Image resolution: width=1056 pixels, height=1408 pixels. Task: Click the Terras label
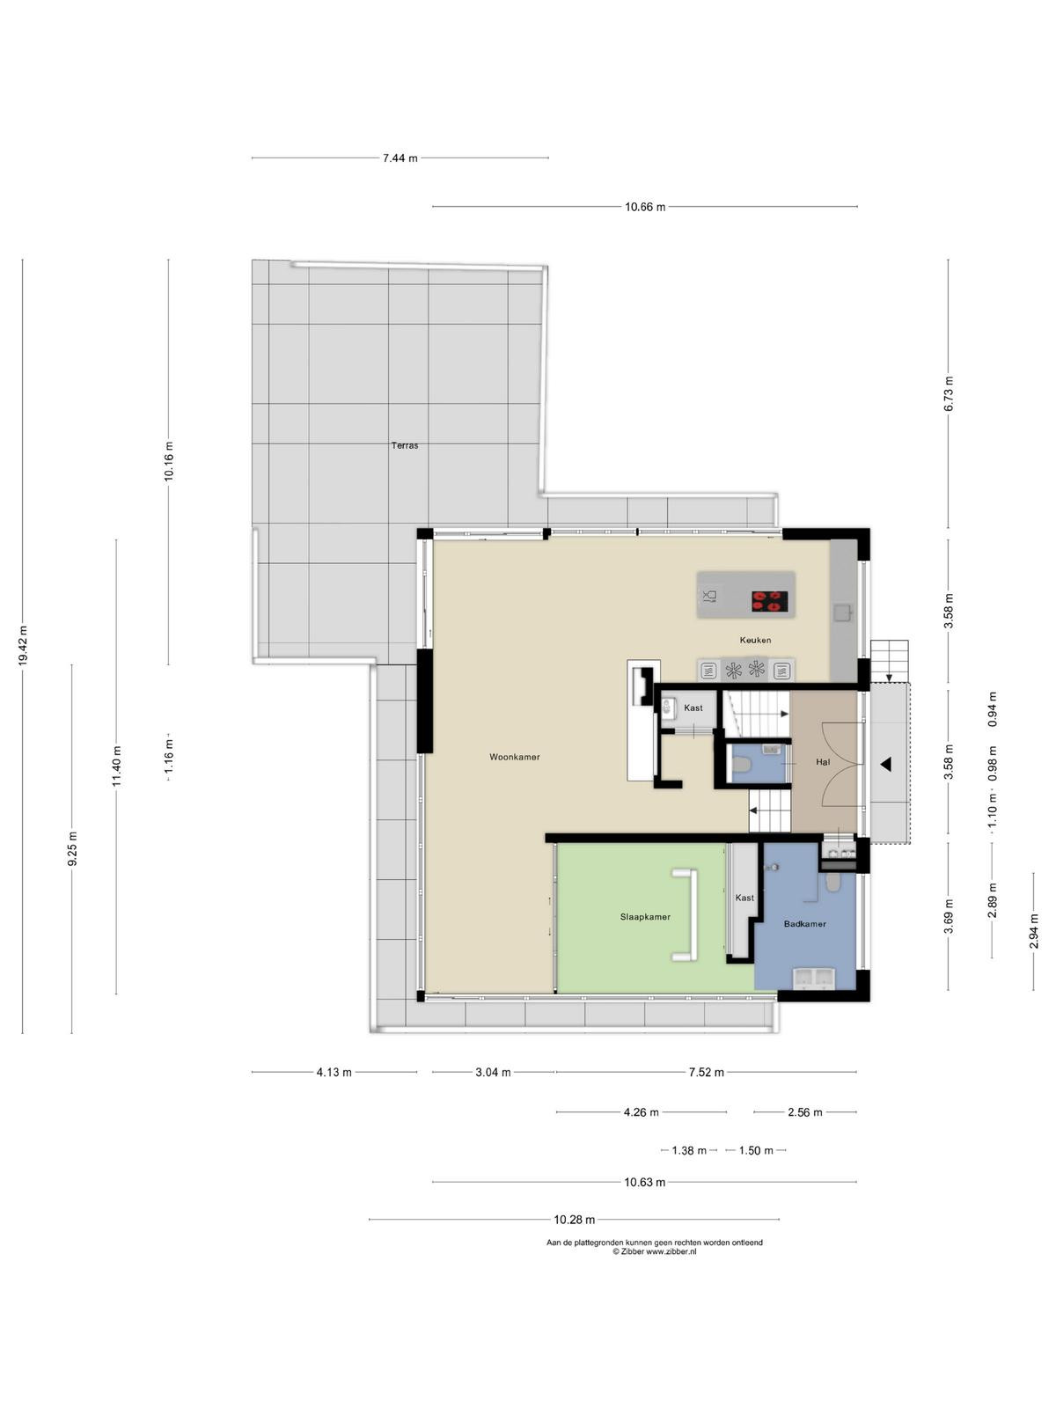(405, 445)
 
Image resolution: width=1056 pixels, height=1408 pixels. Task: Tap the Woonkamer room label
(514, 757)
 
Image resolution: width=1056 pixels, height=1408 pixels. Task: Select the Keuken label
(755, 640)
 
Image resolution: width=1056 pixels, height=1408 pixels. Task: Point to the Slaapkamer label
(645, 917)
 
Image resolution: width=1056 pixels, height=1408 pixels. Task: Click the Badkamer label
(804, 924)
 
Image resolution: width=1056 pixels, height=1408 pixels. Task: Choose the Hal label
(823, 761)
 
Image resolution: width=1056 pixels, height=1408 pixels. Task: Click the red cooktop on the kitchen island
(769, 600)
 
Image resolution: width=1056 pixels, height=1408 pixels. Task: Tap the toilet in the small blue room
(742, 764)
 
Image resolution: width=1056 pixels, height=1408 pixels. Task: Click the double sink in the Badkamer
(814, 978)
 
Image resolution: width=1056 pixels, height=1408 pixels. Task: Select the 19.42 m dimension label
(23, 646)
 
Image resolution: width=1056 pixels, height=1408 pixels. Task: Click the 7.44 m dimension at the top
(400, 158)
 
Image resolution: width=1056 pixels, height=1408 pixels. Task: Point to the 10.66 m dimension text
(645, 207)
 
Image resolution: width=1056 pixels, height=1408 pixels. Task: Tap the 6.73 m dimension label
(949, 394)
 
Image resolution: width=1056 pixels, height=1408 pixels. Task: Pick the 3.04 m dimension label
(493, 1072)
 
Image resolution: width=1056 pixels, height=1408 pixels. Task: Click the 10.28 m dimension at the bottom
(574, 1220)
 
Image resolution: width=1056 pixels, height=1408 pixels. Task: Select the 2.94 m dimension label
(1033, 931)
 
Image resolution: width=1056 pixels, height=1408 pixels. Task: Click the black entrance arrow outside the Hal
(885, 763)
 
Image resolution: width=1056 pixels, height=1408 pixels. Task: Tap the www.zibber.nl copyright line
(654, 1251)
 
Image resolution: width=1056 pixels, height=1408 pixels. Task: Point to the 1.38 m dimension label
(689, 1150)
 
